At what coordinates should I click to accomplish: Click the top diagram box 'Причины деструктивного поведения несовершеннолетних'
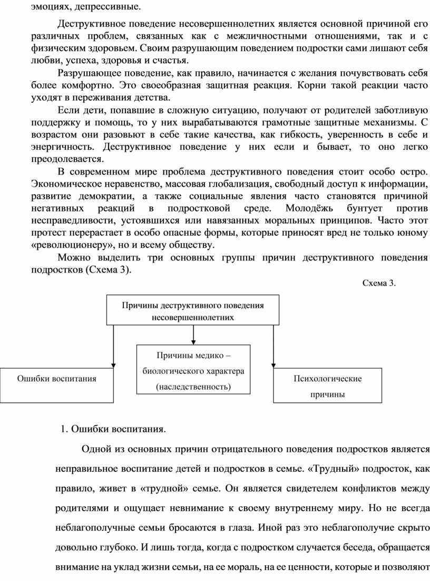[193, 311]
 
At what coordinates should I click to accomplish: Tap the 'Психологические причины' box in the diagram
[327, 386]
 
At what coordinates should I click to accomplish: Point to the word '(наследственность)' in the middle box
[193, 386]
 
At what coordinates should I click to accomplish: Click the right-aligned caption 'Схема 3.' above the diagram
[378, 283]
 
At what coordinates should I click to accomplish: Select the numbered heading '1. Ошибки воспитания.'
[113, 428]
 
